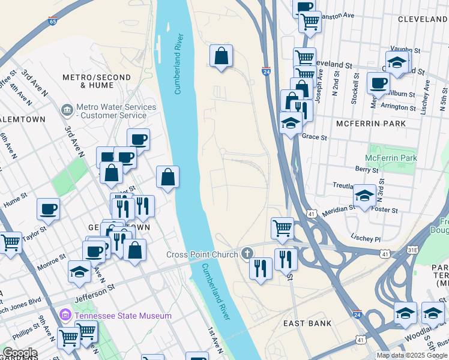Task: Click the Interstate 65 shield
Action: pos(53,22)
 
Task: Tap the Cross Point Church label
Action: pos(202,254)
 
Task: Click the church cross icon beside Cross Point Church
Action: pos(247,254)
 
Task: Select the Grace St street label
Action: pos(315,137)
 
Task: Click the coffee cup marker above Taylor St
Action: pos(48,209)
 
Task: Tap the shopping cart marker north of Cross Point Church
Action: pos(282,228)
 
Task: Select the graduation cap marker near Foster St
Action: pos(364,196)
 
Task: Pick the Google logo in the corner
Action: pos(19,353)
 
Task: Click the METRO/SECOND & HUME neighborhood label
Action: pos(97,82)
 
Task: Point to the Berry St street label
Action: pos(366,170)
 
